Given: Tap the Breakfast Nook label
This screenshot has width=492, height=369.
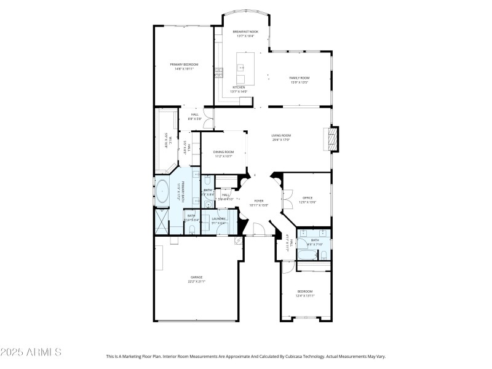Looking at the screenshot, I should tap(245, 33).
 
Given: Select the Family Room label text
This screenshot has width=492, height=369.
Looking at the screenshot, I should tap(300, 79).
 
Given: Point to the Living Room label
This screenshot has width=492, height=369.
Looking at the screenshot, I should tap(281, 137).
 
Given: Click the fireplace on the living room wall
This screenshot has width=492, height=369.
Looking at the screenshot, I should tap(332, 138).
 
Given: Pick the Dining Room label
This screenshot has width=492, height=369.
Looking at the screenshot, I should tap(224, 153).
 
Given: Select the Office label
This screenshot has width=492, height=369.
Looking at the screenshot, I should tap(307, 199).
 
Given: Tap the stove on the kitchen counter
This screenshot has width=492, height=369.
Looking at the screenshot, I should tap(218, 73).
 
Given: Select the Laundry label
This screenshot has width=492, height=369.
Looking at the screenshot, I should tap(219, 220).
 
